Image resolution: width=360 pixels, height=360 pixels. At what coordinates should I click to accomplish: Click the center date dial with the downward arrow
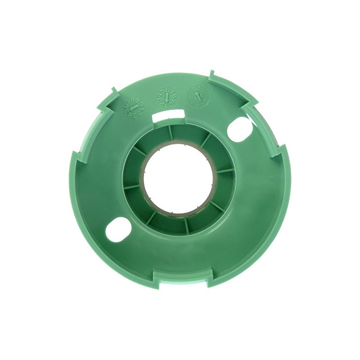coord(167,96)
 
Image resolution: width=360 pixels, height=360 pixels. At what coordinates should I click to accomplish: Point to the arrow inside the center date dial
coord(167,97)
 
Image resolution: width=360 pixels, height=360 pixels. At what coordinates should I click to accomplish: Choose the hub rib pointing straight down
coord(185,225)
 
